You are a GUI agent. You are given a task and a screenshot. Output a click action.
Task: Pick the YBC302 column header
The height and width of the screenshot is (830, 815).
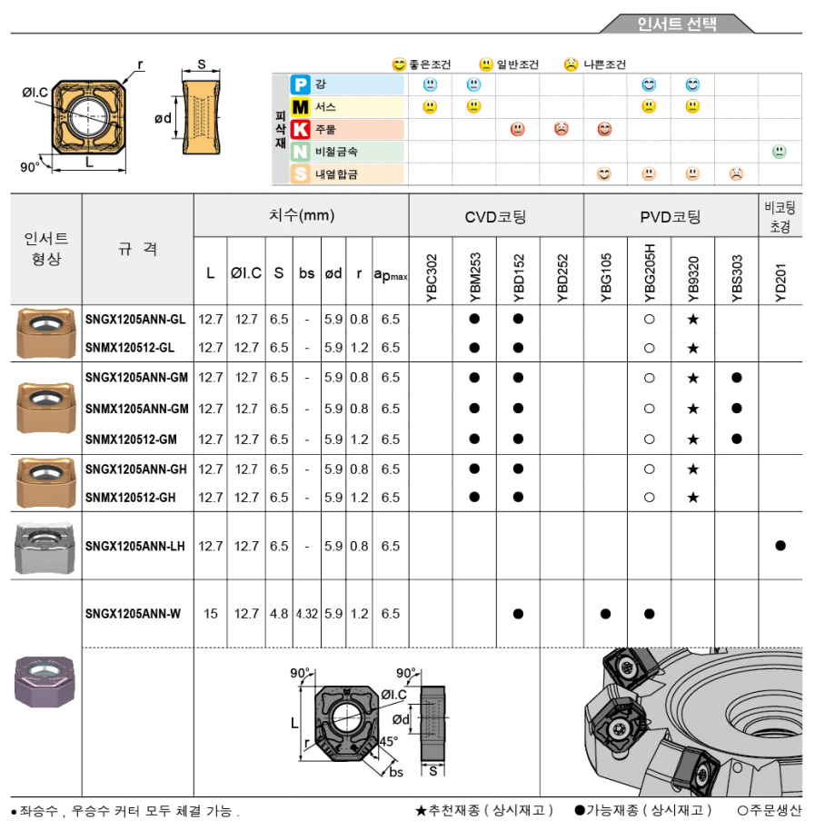[432, 272]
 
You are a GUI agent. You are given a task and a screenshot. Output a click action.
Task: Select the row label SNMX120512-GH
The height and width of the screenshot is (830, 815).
[130, 498]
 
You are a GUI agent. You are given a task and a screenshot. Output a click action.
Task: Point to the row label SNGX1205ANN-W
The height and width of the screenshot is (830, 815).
[133, 614]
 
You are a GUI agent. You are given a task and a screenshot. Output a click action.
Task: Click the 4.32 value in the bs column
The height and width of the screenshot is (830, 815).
[306, 614]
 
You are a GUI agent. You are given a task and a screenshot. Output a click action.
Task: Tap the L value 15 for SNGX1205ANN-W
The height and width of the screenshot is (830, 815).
[211, 614]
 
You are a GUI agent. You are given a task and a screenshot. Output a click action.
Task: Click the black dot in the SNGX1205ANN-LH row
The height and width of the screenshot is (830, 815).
[780, 546]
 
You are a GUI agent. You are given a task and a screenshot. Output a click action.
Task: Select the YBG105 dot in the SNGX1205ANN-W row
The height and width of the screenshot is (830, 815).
[605, 614]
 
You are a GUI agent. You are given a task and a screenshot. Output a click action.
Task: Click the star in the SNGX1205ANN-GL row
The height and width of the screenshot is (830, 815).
[693, 320]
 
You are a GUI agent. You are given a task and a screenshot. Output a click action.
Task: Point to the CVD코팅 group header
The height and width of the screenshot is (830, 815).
[495, 217]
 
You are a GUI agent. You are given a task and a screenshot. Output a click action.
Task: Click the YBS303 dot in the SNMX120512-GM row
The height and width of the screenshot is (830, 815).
[737, 440]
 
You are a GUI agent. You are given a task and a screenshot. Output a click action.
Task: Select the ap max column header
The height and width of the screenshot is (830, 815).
[391, 272]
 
